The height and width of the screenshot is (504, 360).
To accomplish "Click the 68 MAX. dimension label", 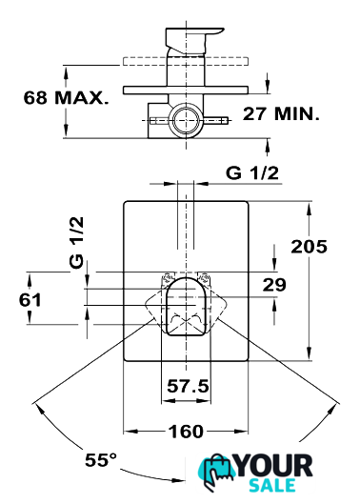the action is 67,98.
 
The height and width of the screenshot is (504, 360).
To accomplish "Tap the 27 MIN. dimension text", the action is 281,113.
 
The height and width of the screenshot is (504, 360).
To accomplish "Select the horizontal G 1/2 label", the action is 252,173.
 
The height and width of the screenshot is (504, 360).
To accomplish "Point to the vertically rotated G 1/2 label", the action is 76,242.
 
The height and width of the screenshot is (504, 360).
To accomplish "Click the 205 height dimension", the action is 309,247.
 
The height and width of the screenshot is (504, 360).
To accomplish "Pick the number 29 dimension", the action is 274,285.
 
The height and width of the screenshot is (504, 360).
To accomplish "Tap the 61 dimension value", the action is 30,300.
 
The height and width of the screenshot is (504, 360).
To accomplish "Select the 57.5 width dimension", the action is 188,386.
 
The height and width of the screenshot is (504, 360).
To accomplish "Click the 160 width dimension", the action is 186,432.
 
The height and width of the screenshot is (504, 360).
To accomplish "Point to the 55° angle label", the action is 101,460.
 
